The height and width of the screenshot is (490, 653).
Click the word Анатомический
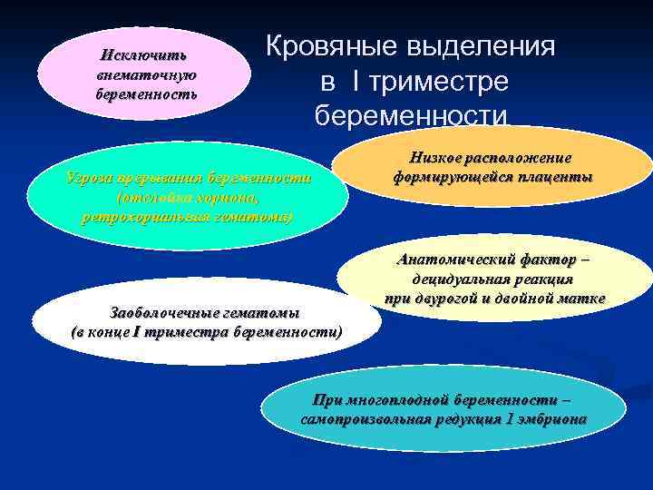click(x=454, y=260)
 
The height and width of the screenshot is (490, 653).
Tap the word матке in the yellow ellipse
click(x=582, y=299)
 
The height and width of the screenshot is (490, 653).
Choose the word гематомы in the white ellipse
click(x=262, y=313)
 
